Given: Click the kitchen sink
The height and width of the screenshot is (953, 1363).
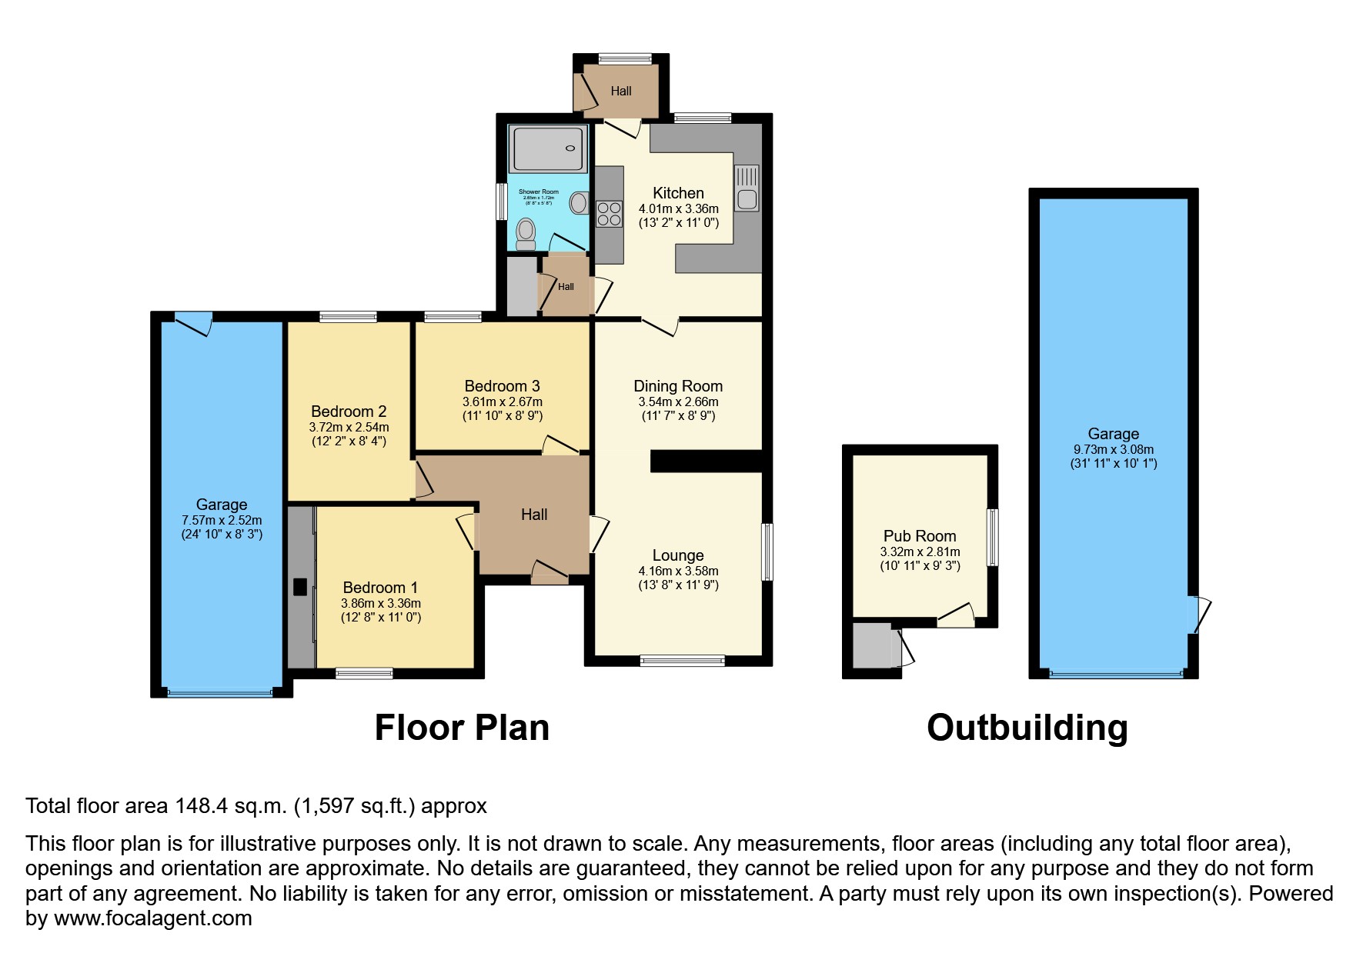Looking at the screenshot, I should pos(747,188).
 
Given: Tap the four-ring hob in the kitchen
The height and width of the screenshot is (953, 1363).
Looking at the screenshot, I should pos(609,213).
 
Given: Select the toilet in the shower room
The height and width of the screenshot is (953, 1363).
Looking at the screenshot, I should pos(526,232).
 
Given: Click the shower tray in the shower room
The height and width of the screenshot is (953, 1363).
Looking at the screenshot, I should pos(548,148).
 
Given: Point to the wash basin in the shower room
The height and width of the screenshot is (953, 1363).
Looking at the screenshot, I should pos(578,203).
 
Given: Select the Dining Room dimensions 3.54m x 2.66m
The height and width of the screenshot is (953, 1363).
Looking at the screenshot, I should pos(678,402).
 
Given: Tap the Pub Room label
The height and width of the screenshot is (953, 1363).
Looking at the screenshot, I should pos(920,536).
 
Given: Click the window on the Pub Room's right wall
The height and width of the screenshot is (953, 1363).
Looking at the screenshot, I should pos(993,537).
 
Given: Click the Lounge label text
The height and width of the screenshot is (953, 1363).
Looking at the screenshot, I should pos(678,555).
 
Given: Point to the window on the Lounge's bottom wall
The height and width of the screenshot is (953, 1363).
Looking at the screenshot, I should pos(682,660).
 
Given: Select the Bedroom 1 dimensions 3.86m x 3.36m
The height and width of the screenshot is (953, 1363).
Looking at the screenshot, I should pos(381,604).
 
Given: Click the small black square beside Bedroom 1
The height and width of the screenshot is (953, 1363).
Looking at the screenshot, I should pos(300,587).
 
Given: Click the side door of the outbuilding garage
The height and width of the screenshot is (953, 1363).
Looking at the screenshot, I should pos(1199,615).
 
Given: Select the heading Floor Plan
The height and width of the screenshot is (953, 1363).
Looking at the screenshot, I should pos(462,728).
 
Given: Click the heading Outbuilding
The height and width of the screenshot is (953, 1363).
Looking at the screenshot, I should pos(1027,728).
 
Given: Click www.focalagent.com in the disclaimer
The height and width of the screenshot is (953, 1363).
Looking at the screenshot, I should pos(152,918).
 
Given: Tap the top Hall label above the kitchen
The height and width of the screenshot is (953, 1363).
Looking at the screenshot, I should pos(621,91).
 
